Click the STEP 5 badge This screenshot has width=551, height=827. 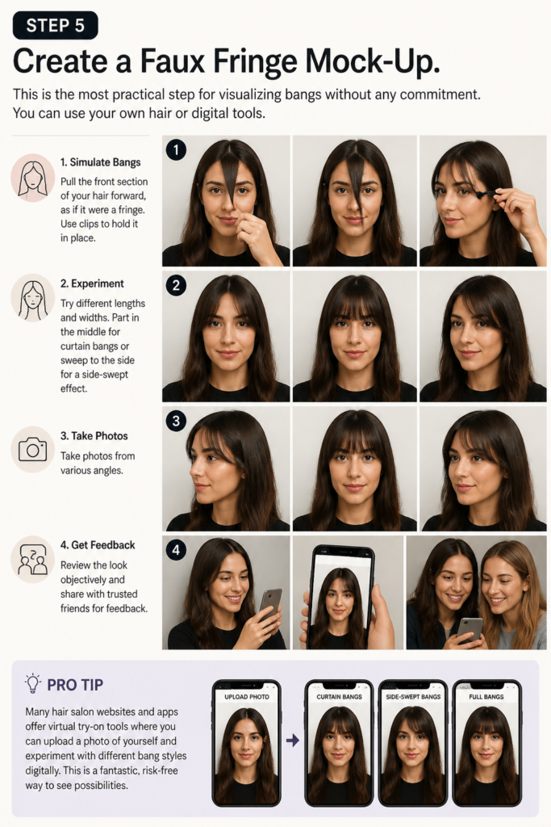(x=56, y=25)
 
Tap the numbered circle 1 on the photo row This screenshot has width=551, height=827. (x=176, y=149)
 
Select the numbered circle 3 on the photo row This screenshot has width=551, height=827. (x=176, y=421)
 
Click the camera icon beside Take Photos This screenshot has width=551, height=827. (x=32, y=449)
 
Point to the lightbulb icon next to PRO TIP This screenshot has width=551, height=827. (x=32, y=683)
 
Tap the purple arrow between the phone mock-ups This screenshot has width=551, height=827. (x=293, y=741)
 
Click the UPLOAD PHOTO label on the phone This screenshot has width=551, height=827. (x=247, y=697)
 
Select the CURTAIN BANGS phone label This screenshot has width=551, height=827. (x=340, y=697)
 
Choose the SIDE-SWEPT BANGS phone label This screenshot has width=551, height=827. (x=413, y=697)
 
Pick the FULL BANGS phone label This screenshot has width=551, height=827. (x=486, y=697)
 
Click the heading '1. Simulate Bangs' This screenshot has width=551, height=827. (x=100, y=162)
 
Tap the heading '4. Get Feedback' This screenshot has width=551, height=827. (x=98, y=545)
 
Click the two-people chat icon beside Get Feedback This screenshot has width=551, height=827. (x=32, y=559)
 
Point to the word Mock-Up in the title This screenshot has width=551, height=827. (x=373, y=61)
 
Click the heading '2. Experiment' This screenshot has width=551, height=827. (x=92, y=283)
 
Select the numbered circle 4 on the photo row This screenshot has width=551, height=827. (x=176, y=551)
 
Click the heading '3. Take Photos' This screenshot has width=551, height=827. (x=94, y=436)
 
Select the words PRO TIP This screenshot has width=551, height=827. (x=75, y=685)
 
